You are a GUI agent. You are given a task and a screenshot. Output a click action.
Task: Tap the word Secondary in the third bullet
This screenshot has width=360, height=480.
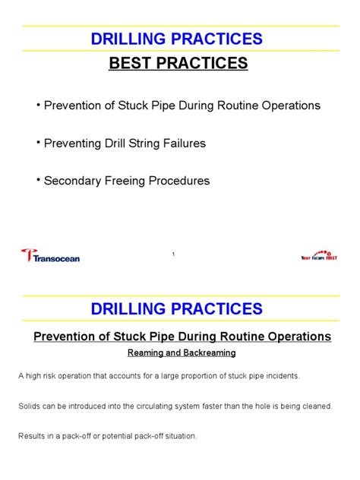[72, 181]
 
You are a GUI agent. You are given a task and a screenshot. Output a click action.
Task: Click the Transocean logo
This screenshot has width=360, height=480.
[51, 256]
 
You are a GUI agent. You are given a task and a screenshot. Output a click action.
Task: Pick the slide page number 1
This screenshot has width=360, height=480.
[173, 254]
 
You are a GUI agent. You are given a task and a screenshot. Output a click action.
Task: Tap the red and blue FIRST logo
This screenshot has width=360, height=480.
[318, 256]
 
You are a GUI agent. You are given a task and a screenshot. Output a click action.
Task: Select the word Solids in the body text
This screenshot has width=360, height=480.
[32, 406]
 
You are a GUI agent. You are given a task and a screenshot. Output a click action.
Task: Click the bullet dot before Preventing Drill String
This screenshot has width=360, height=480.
[37, 141]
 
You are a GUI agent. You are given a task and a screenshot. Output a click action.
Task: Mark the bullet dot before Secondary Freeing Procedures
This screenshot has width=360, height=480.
[37, 179]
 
